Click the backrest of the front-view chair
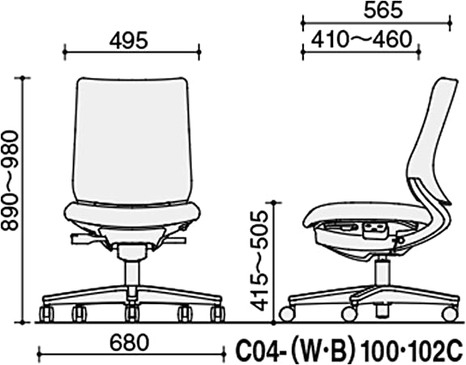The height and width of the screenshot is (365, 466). click(x=130, y=138)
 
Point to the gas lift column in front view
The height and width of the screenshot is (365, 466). click(x=130, y=272)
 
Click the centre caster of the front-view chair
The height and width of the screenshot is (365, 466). click(x=130, y=313)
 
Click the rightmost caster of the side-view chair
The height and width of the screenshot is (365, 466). click(x=448, y=313)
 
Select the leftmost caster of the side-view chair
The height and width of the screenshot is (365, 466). click(x=286, y=313)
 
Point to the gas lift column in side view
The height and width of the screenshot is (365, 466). click(x=381, y=268)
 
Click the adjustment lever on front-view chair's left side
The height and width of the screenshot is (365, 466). click(x=81, y=238)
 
